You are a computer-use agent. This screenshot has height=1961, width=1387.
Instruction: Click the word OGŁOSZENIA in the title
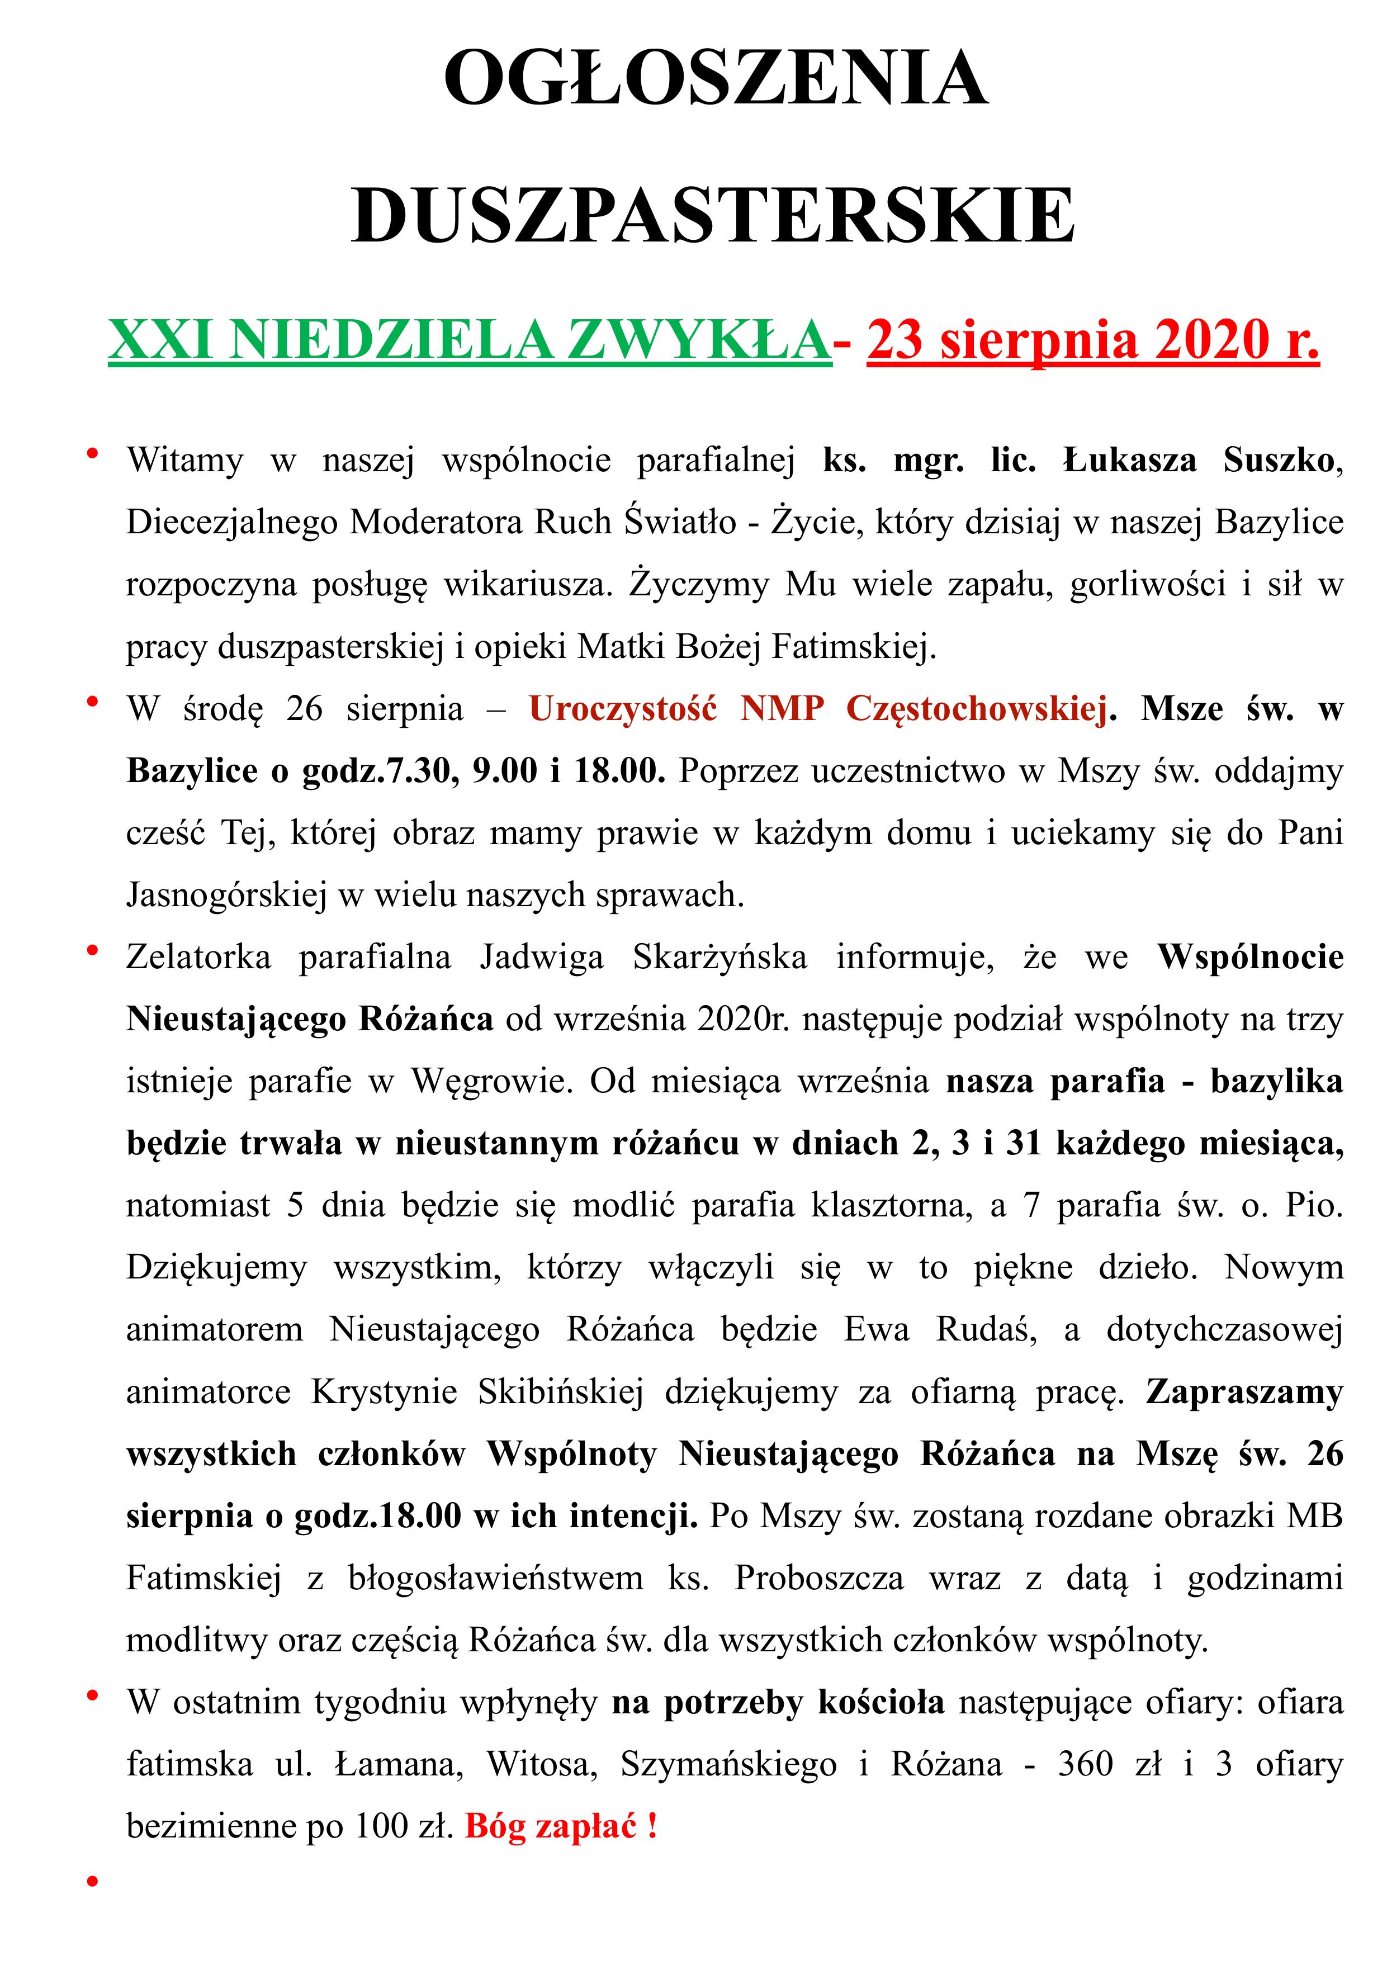coord(716,79)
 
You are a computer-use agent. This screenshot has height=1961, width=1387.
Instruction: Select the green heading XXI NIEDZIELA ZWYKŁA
coord(469,340)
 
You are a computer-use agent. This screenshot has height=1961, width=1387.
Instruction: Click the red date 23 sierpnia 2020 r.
coord(1092,340)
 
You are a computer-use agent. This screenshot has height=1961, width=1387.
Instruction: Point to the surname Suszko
coord(1277,461)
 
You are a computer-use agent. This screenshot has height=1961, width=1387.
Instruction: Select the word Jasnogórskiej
coord(226,895)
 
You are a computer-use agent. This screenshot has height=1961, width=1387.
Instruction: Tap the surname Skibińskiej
coord(560,1392)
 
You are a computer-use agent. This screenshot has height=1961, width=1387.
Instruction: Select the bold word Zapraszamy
coord(1244,1392)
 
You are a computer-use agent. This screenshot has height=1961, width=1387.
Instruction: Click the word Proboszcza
coord(819,1579)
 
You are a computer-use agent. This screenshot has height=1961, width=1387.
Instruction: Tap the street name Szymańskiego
coord(728,1765)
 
